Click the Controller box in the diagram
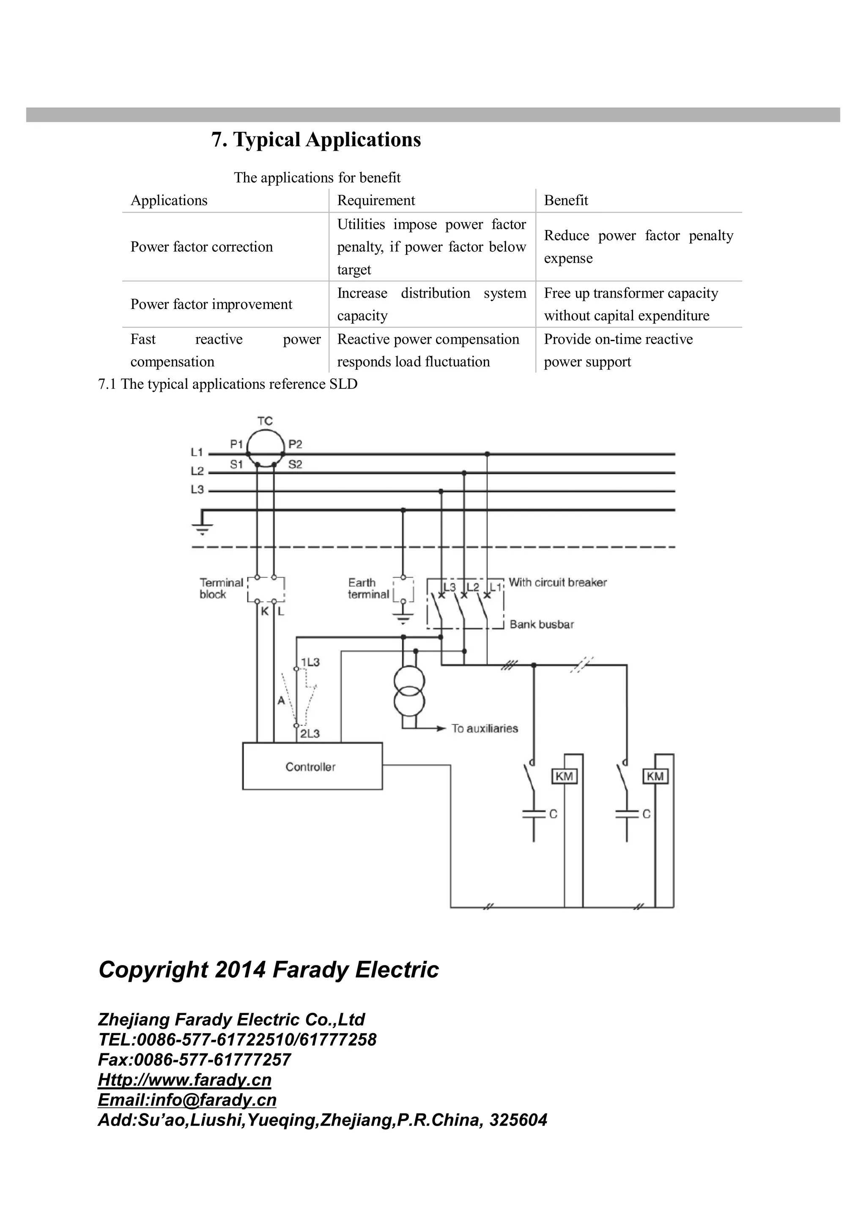pyautogui.click(x=312, y=766)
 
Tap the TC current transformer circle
pyautogui.click(x=265, y=447)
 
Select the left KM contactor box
pyautogui.click(x=564, y=776)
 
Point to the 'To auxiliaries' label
pyautogui.click(x=485, y=728)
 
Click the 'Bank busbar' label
pyautogui.click(x=542, y=624)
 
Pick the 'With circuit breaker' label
pyautogui.click(x=558, y=582)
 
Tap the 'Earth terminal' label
pyautogui.click(x=368, y=588)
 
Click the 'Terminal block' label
pyautogui.click(x=221, y=588)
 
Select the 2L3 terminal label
pyautogui.click(x=310, y=734)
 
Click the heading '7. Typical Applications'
pyautogui.click(x=316, y=140)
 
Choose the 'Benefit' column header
pyautogui.click(x=566, y=201)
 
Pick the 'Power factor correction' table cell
pyautogui.click(x=201, y=247)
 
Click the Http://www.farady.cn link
pyautogui.click(x=185, y=1080)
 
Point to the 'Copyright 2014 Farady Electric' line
pyautogui.click(x=269, y=969)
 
